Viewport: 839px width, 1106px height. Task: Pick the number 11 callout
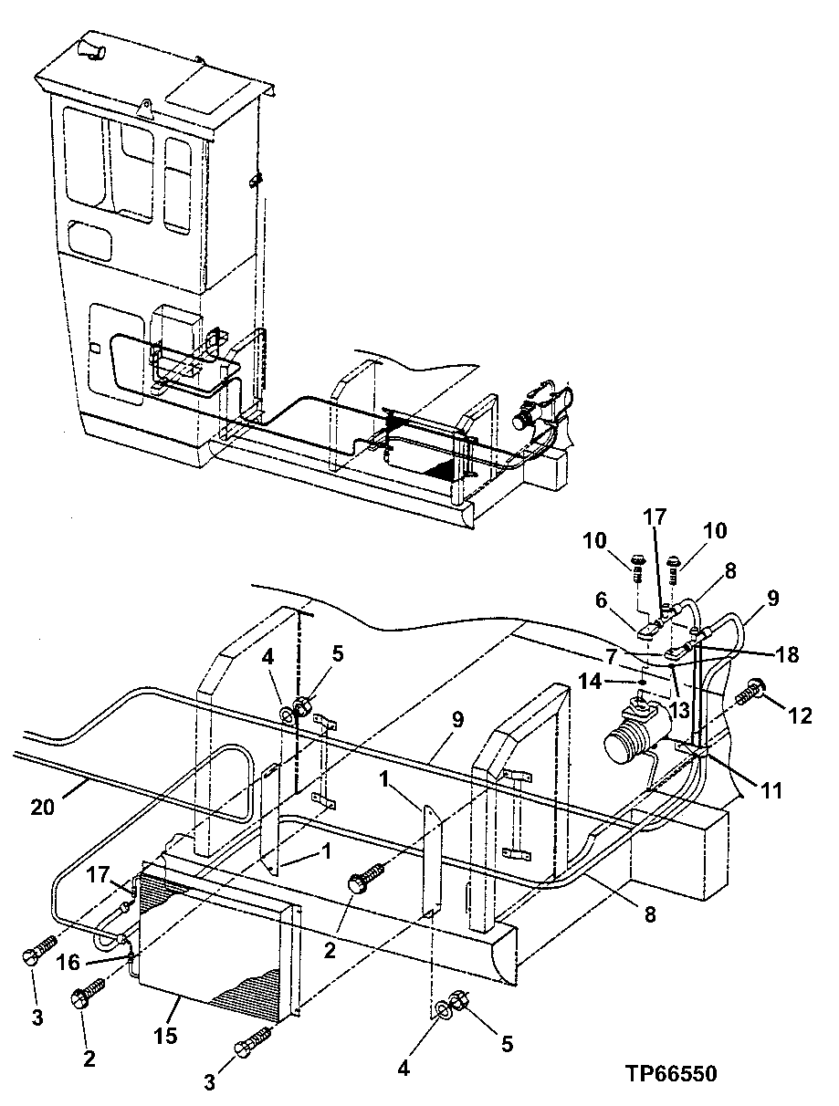tap(772, 790)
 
